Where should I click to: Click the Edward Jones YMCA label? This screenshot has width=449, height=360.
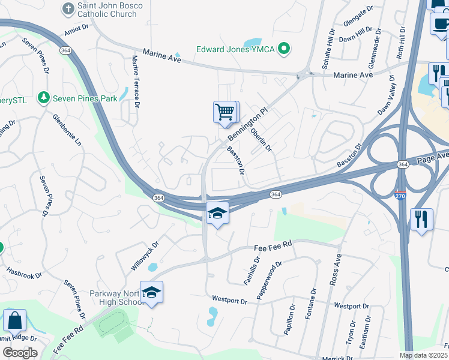pyautogui.click(x=237, y=49)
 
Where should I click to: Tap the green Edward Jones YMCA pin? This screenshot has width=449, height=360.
pyautogui.click(x=286, y=49)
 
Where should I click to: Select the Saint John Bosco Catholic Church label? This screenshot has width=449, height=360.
pyautogui.click(x=110, y=9)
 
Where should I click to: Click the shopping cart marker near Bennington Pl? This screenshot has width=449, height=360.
pyautogui.click(x=225, y=112)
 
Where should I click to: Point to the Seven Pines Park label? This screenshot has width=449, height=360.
pyautogui.click(x=85, y=98)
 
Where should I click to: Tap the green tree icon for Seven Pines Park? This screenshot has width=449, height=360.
pyautogui.click(x=43, y=97)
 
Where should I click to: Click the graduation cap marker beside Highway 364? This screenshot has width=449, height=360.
pyautogui.click(x=217, y=213)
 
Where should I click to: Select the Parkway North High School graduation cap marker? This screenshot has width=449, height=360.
pyautogui.click(x=152, y=292)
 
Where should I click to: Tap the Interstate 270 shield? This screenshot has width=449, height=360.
pyautogui.click(x=400, y=195)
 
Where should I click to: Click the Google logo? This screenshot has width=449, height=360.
pyautogui.click(x=20, y=352)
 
